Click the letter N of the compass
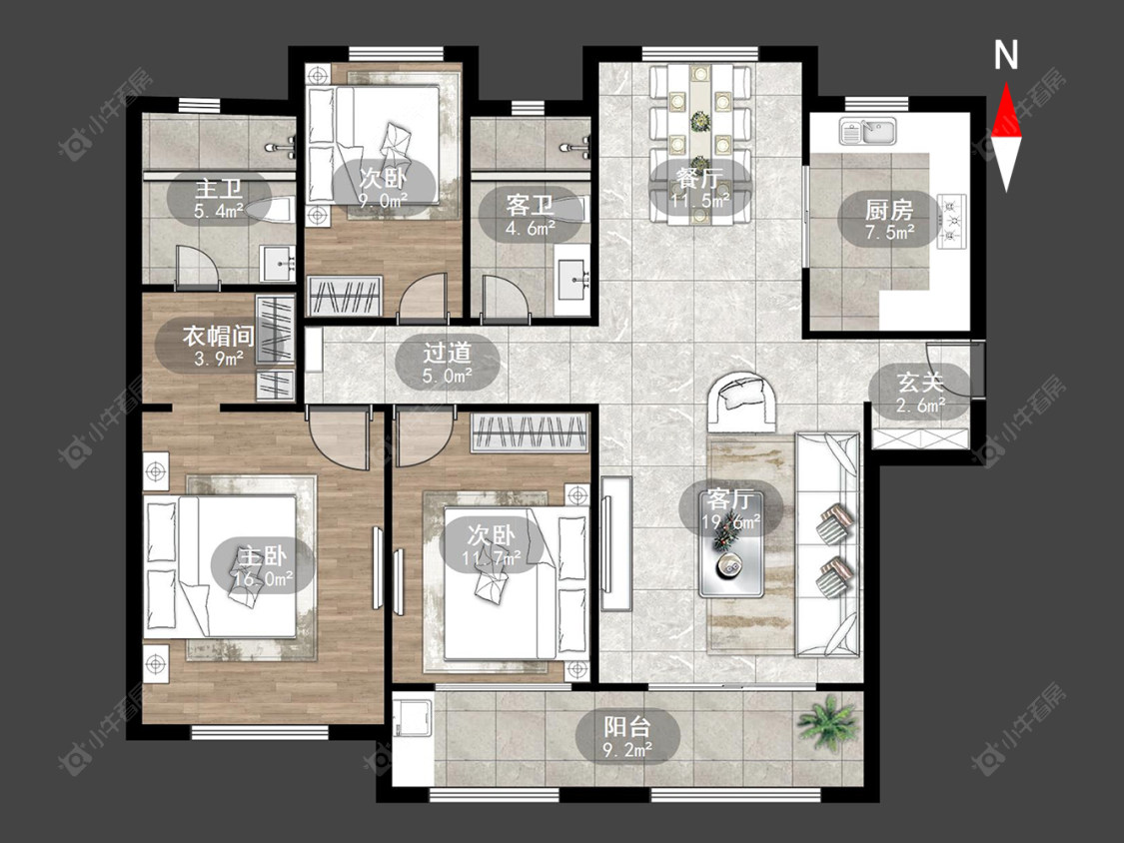(1006, 55)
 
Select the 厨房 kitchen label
(889, 210)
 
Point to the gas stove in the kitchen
(950, 221)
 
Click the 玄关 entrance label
(920, 383)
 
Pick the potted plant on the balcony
(827, 722)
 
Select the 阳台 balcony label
(627, 726)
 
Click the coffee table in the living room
(731, 565)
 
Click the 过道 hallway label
(448, 352)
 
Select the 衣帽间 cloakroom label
(218, 336)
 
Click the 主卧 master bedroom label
(263, 555)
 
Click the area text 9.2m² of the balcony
(627, 750)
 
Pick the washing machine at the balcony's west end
(413, 718)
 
